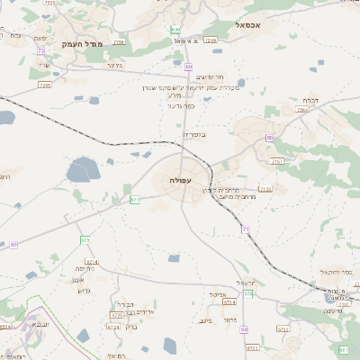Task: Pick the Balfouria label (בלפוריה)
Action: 195,134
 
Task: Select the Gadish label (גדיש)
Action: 85,290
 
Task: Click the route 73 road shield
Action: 41,51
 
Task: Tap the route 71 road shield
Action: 245,229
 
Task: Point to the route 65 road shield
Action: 13,244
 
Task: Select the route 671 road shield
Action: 134,199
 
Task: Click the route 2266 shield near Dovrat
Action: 301,110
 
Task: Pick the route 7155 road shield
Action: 265,188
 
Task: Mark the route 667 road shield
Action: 344,349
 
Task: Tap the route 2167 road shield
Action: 276,161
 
